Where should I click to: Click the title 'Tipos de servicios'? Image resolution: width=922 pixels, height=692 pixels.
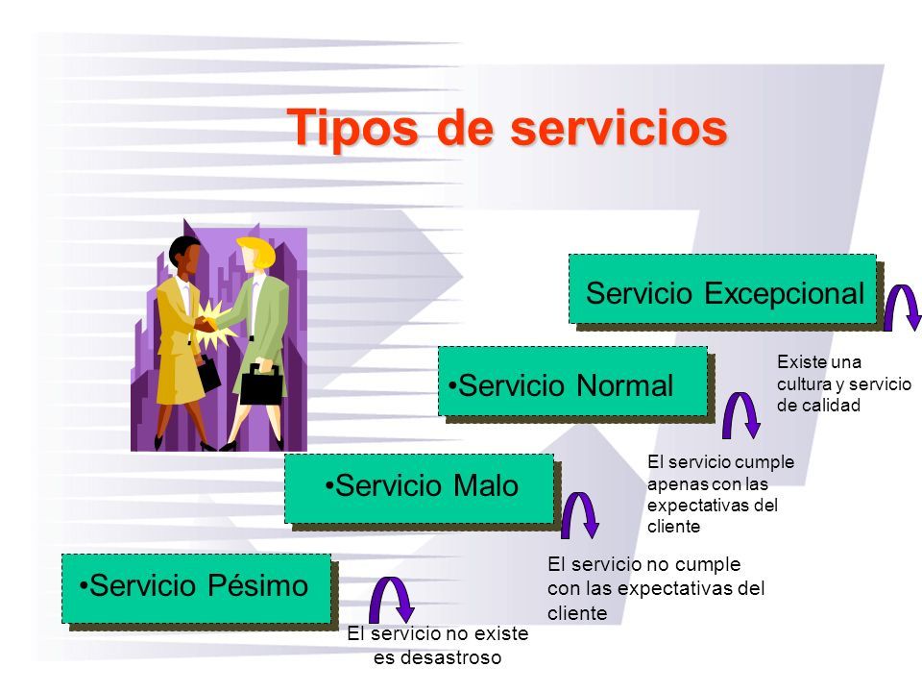508,127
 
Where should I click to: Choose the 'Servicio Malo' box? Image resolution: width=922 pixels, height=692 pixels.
420,488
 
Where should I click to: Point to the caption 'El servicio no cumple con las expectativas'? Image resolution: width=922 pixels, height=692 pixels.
655,587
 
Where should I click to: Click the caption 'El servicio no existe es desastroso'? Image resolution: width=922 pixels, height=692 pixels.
438,645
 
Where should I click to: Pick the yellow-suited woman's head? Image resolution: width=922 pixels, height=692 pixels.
184,256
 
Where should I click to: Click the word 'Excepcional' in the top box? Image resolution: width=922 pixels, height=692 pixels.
789,291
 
